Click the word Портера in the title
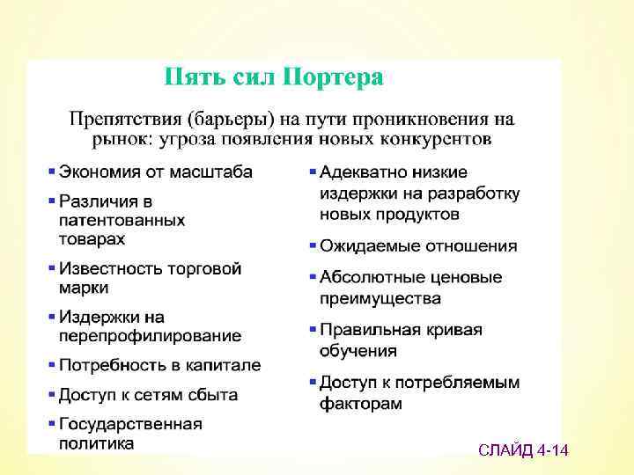(332, 77)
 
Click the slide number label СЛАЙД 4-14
(523, 451)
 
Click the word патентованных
(122, 220)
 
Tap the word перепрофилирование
(150, 336)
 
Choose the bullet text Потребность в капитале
(159, 365)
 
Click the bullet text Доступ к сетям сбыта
(148, 394)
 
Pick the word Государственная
(130, 424)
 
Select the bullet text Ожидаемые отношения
(418, 246)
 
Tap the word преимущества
(380, 298)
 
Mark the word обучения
(358, 351)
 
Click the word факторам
(361, 404)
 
